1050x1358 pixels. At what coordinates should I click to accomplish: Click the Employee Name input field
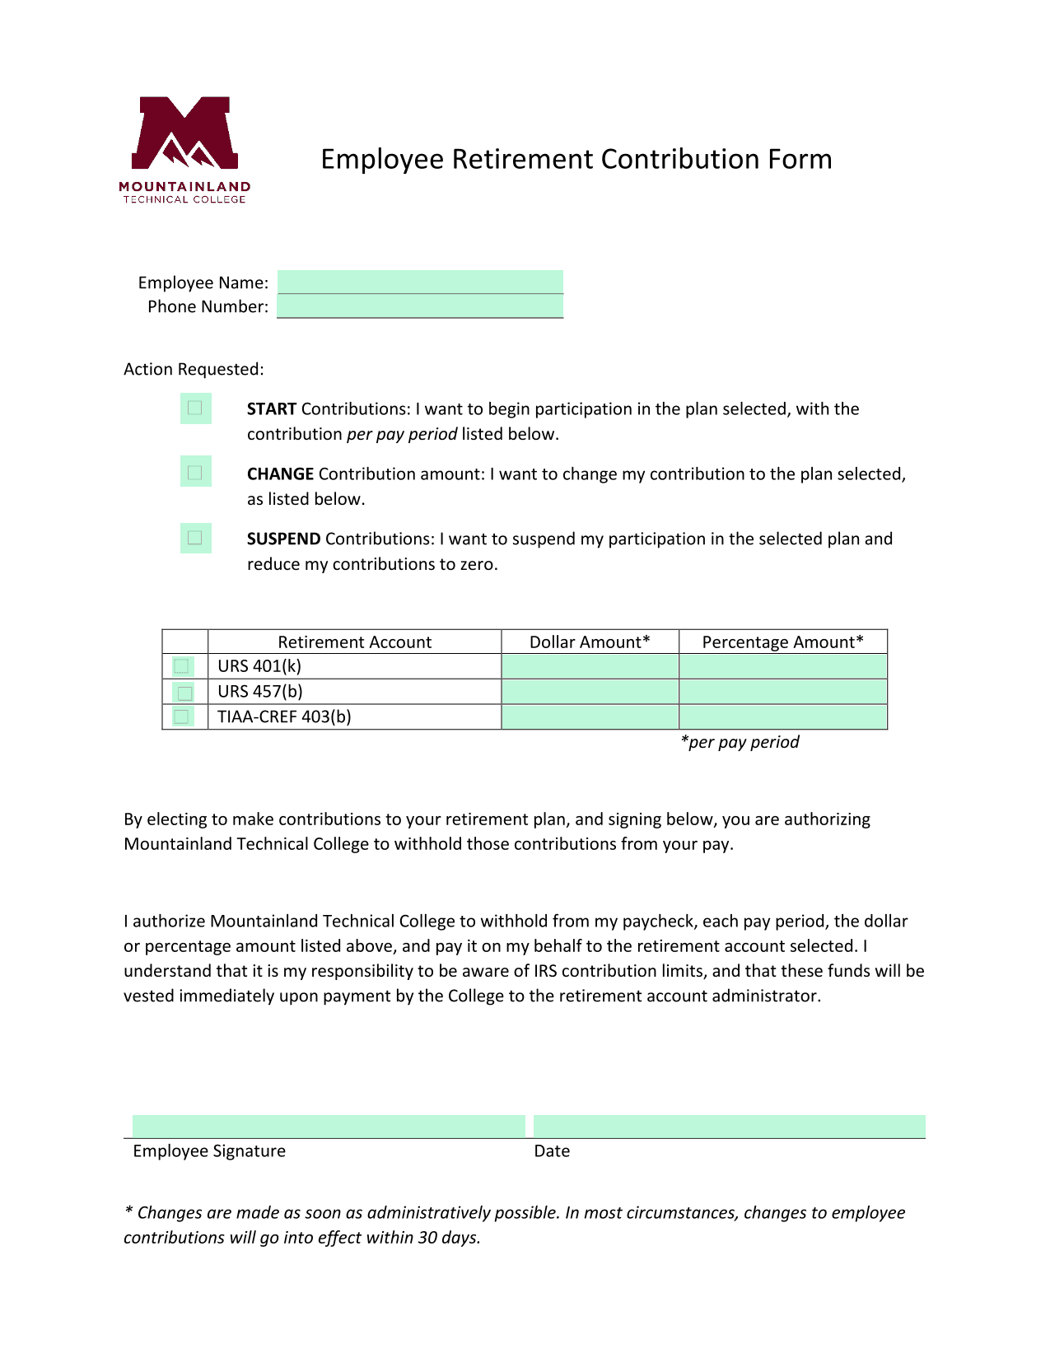pos(420,282)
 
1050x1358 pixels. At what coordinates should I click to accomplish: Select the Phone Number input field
pos(420,306)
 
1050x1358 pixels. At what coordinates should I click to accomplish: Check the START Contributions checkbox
pos(195,408)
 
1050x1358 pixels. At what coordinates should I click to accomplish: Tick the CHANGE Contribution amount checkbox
pos(195,473)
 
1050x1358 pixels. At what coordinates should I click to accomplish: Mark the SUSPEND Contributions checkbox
pos(195,538)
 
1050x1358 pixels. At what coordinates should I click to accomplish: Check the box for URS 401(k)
pos(182,666)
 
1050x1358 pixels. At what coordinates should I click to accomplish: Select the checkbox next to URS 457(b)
pos(184,693)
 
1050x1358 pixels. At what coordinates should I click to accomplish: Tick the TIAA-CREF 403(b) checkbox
pos(182,717)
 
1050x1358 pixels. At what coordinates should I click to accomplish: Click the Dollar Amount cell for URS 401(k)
pos(590,666)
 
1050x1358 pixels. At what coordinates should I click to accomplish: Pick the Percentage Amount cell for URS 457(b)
pos(782,692)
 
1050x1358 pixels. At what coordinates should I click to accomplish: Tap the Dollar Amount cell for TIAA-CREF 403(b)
pos(590,717)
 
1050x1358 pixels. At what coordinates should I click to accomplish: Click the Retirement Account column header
pos(354,642)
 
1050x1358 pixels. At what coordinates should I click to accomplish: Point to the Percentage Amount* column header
pos(782,642)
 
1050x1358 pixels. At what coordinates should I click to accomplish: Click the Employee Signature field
pos(328,1126)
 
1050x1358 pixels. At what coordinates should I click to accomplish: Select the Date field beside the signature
pos(729,1126)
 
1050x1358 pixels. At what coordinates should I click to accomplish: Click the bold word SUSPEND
pos(283,539)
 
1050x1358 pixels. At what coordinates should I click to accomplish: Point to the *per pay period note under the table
pos(740,742)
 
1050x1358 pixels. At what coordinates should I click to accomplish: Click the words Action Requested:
pos(194,369)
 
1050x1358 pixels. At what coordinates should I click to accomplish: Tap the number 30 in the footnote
pos(427,1238)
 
